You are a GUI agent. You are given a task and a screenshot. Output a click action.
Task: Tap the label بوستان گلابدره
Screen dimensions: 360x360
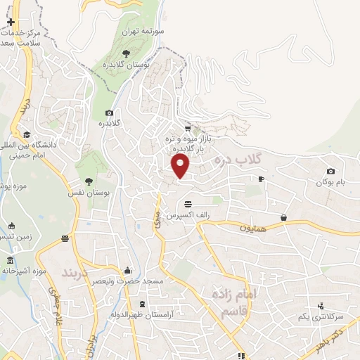pyautogui.click(x=126, y=64)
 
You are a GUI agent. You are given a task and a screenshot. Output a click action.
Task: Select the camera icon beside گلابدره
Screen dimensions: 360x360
pyautogui.click(x=109, y=113)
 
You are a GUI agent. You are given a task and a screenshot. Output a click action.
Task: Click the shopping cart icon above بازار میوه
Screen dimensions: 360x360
pyautogui.click(x=187, y=129)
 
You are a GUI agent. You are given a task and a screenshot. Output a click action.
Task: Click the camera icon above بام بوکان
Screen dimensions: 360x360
pyautogui.click(x=331, y=171)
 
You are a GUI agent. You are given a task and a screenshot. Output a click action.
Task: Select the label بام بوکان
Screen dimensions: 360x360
pyautogui.click(x=332, y=182)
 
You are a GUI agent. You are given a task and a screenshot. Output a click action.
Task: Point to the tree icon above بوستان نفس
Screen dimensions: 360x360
pyautogui.click(x=89, y=181)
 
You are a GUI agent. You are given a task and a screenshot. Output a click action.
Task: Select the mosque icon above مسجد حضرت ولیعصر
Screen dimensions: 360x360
pyautogui.click(x=127, y=270)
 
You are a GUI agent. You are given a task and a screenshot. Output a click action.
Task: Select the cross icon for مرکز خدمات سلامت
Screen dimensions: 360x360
pyautogui.click(x=10, y=22)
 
